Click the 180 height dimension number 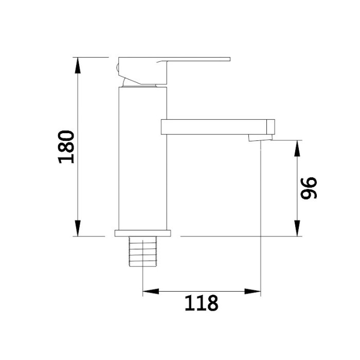[66, 147]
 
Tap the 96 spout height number [309, 188]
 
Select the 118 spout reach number [202, 303]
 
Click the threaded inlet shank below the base [143, 251]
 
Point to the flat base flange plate [143, 233]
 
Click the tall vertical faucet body [142, 158]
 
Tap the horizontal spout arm [218, 127]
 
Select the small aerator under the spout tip [260, 137]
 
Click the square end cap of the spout [271, 127]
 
